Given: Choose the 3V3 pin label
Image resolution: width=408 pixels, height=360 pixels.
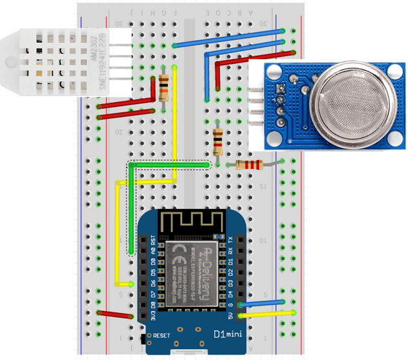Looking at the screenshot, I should [154, 315].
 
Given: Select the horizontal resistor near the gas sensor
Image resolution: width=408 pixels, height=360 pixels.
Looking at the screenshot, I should [247, 165].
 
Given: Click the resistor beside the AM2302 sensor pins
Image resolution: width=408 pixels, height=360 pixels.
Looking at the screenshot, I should [164, 87].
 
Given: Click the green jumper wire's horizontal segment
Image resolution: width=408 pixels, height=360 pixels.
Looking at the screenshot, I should [170, 165].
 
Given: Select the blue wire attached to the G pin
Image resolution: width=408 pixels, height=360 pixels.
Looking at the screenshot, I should [265, 303].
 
